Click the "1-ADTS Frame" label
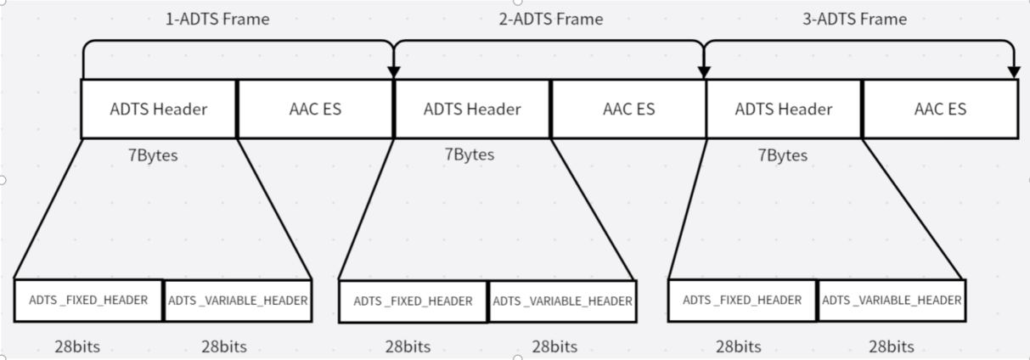click(x=217, y=19)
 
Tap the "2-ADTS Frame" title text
click(x=550, y=19)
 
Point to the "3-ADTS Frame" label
click(x=854, y=19)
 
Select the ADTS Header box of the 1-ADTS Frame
click(x=159, y=109)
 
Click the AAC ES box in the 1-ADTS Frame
click(x=315, y=109)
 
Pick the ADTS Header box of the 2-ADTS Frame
click(x=472, y=109)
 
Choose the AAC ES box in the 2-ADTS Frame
click(x=628, y=109)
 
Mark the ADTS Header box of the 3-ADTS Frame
click(x=784, y=109)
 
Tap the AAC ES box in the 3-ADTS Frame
click(x=940, y=109)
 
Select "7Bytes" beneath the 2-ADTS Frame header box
click(x=469, y=155)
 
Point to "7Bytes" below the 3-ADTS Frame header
click(x=782, y=156)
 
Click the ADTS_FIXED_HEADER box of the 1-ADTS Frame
click(x=88, y=300)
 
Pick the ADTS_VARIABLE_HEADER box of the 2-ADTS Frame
click(x=562, y=301)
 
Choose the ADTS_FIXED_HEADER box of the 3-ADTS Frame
click(x=742, y=300)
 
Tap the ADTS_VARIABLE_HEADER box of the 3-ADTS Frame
click(x=892, y=300)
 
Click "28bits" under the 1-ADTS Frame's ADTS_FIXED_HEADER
click(x=76, y=346)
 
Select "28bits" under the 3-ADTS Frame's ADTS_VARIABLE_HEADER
click(x=892, y=346)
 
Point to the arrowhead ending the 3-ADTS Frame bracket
click(x=1013, y=73)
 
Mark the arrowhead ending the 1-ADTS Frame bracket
click(x=393, y=73)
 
